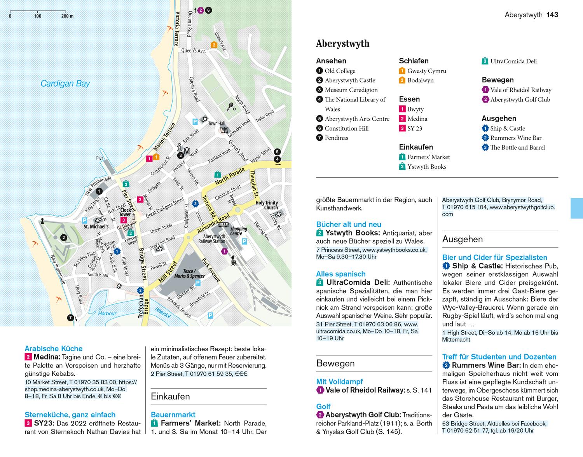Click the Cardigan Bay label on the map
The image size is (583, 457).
(65, 84)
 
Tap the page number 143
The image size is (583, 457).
(552, 15)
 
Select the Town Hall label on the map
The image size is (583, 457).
(216, 124)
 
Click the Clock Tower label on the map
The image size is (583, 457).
(125, 212)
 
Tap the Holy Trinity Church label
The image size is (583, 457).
(266, 205)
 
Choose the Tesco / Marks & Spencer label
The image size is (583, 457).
(189, 274)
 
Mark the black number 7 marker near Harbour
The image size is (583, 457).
(70, 317)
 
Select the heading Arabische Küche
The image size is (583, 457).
(54, 349)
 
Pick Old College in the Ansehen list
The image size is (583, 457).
(340, 71)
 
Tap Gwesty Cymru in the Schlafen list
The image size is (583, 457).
(426, 71)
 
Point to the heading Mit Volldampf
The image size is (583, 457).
(340, 382)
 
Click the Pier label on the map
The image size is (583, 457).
(100, 158)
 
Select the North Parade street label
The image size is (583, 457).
(230, 177)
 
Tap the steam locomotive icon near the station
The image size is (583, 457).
(234, 261)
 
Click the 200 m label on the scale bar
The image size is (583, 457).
(67, 16)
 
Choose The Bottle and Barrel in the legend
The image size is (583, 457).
(517, 147)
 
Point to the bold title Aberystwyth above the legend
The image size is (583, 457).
(342, 44)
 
